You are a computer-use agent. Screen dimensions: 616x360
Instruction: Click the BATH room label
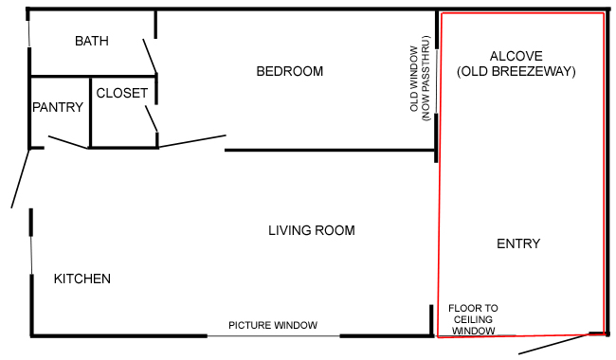(92, 41)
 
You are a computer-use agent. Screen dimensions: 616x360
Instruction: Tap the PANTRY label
(58, 107)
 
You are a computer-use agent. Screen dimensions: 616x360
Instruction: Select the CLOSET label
(122, 93)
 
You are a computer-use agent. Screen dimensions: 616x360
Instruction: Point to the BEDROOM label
(290, 71)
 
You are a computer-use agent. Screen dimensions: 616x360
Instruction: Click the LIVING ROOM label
(312, 230)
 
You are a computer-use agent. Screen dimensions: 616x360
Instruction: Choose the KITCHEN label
(82, 279)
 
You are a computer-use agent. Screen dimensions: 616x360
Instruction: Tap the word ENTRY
(518, 243)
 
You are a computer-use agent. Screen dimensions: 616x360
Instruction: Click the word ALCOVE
(516, 56)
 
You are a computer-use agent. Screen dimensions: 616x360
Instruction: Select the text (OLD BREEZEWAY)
(516, 71)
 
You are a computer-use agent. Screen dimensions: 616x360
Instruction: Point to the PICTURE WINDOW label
(273, 325)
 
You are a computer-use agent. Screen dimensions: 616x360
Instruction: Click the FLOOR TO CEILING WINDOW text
(474, 319)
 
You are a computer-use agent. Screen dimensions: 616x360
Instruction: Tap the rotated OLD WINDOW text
(414, 79)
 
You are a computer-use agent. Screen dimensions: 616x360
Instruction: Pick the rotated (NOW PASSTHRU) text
(426, 79)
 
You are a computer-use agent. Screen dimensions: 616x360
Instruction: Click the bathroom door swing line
(150, 56)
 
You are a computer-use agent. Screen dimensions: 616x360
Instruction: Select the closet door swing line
(152, 118)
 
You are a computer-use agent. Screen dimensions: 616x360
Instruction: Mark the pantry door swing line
(68, 142)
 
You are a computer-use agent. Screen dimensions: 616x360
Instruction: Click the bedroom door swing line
(192, 141)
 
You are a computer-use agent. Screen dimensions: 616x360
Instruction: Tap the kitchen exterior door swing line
(21, 179)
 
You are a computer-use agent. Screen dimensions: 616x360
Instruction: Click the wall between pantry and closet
(90, 113)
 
